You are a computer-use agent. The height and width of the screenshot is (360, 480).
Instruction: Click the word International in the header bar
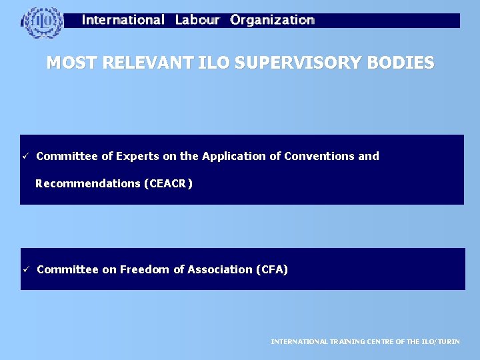(123, 20)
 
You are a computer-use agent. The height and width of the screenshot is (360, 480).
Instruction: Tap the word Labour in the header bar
(197, 20)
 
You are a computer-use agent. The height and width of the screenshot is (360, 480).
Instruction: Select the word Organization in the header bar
(272, 20)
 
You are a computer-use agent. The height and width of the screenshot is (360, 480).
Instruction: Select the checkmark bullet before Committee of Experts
(25, 156)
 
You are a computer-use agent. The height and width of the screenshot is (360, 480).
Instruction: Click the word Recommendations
(88, 183)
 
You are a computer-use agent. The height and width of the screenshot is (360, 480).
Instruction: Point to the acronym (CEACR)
(168, 183)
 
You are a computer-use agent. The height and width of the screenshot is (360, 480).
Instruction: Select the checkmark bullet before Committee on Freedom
(25, 269)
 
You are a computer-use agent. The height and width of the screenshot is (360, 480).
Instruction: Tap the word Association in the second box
(220, 269)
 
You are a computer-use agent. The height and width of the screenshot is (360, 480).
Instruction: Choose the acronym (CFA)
(272, 269)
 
